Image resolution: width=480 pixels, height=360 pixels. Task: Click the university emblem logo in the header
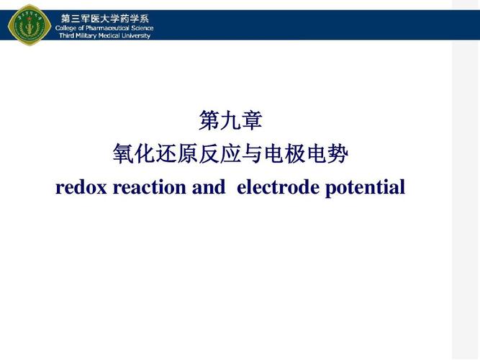pyautogui.click(x=29, y=22)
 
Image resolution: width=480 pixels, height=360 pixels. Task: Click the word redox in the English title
pyautogui.click(x=79, y=188)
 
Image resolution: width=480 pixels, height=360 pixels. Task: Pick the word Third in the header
pyautogui.click(x=65, y=35)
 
